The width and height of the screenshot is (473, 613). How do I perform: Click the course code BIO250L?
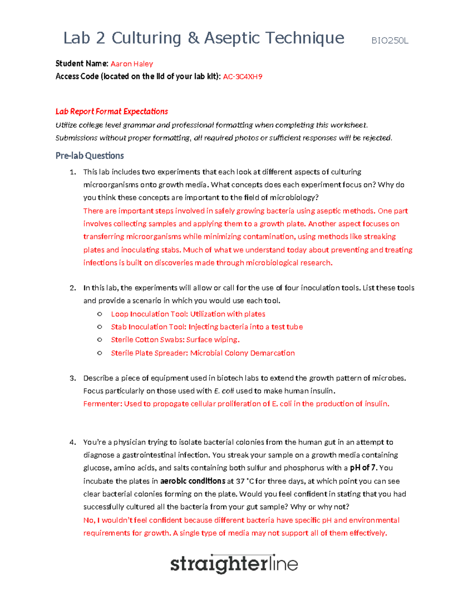click(389, 41)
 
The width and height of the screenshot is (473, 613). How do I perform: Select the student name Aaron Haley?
click(132, 64)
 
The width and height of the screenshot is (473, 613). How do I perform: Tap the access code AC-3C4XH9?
click(242, 77)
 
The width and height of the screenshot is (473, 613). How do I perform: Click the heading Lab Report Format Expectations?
click(112, 112)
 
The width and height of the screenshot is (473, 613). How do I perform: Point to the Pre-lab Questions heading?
click(89, 156)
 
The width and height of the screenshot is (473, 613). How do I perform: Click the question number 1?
click(73, 172)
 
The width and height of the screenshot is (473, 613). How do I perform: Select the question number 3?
click(73, 378)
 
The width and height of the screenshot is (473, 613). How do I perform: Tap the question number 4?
click(73, 442)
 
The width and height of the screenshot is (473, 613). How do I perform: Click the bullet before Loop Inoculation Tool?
click(100, 314)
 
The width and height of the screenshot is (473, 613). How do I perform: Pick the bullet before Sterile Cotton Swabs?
click(100, 340)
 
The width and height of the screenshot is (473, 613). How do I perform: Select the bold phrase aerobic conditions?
click(193, 481)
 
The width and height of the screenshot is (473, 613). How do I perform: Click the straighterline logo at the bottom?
click(234, 564)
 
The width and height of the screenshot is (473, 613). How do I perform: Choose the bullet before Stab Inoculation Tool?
click(100, 327)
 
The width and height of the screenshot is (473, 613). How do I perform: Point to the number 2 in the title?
click(101, 38)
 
